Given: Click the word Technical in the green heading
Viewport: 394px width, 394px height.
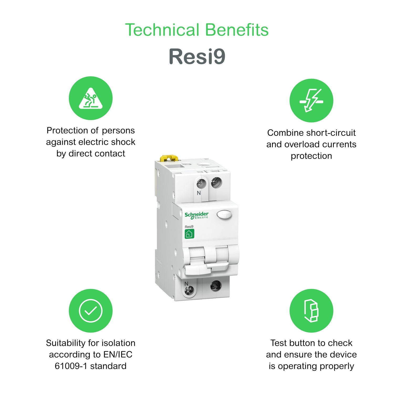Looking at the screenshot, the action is [162, 30].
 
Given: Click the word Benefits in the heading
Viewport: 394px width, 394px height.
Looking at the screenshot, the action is [237, 30].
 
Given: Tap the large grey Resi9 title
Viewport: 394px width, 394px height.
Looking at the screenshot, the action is [197, 56].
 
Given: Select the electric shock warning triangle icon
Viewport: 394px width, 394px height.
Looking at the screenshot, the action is [91, 98].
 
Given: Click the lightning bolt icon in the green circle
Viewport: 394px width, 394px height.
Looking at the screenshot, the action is [311, 101].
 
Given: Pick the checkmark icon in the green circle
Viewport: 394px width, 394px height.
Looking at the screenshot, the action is [91, 311].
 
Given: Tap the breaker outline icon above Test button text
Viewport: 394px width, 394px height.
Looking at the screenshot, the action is [311, 311].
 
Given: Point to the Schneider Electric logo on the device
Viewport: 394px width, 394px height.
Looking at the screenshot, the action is [196, 215].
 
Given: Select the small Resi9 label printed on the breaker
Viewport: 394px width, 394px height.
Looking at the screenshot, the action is [189, 226].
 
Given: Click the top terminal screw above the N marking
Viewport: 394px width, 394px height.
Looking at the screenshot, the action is [201, 183].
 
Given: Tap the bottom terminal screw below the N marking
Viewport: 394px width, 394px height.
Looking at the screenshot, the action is [189, 291].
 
